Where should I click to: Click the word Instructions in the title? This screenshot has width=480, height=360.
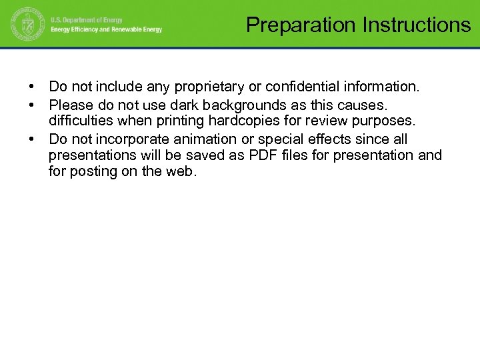coord(417,25)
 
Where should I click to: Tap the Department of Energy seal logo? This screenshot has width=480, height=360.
coord(26,26)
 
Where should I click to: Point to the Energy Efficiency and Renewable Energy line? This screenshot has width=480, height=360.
coord(107,30)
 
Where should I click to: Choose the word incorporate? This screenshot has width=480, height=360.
coord(131,139)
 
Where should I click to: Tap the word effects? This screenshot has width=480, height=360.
coord(327,139)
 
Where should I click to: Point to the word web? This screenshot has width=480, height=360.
coord(183,172)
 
